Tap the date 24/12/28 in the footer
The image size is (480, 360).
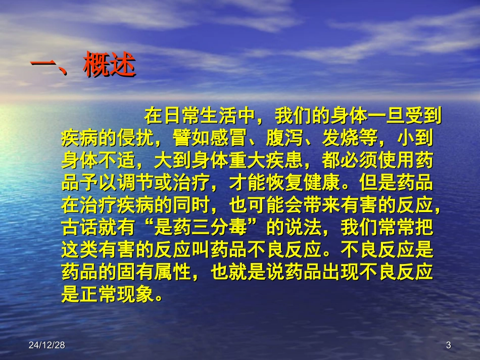click(46, 345)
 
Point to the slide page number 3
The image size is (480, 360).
click(448, 345)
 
